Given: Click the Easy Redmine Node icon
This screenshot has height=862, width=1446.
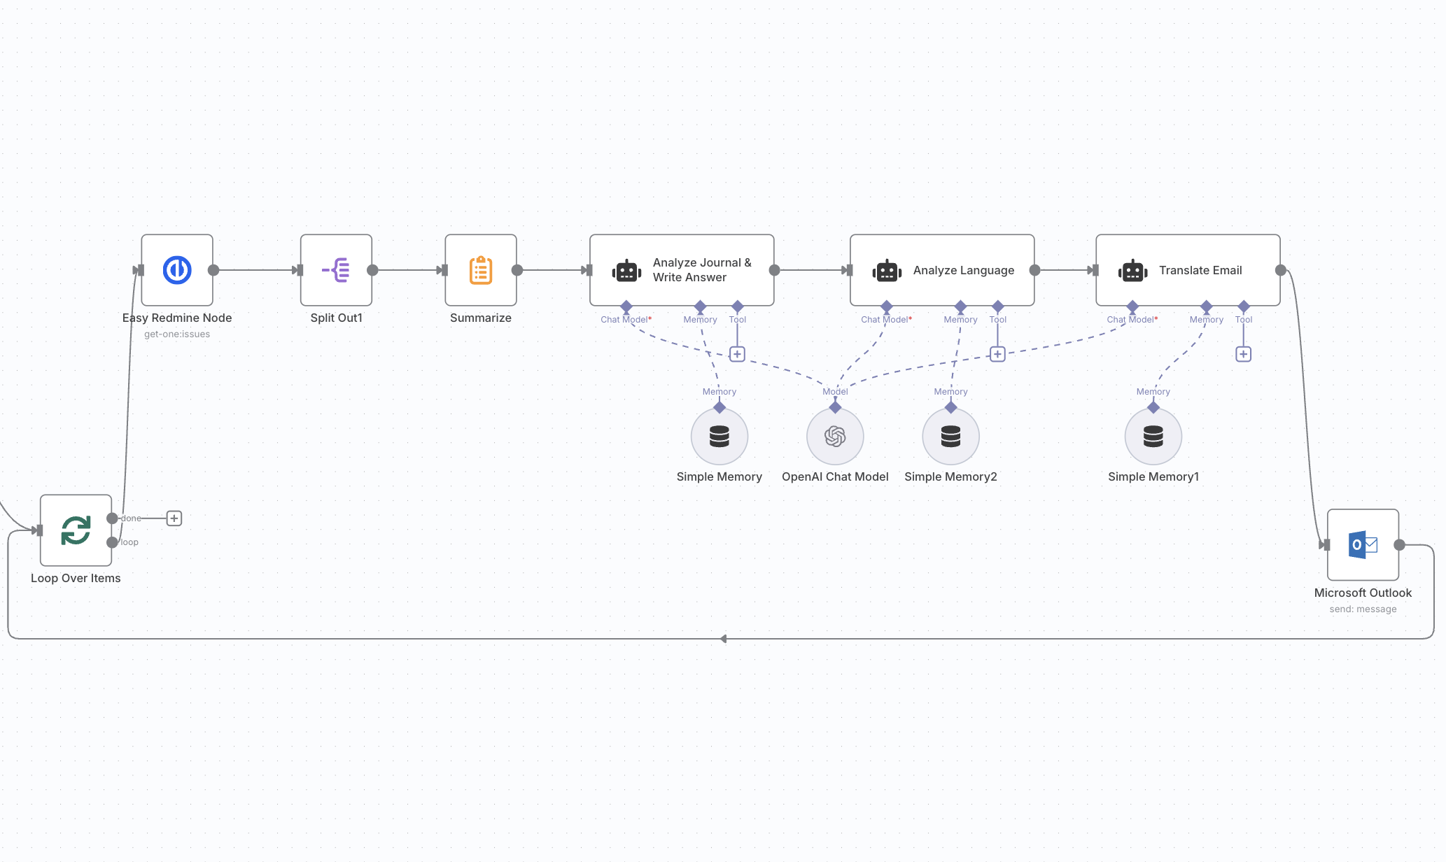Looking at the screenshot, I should (x=177, y=270).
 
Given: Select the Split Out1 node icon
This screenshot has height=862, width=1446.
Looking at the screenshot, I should (x=336, y=270).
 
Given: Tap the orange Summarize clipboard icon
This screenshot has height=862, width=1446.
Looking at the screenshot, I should (x=481, y=270).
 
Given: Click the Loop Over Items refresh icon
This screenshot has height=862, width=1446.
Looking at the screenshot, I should (x=76, y=530).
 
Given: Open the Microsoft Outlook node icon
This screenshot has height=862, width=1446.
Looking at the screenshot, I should (x=1363, y=544).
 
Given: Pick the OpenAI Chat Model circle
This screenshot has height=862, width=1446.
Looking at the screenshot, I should (x=835, y=437).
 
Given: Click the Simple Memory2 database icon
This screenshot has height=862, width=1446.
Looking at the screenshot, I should (x=950, y=437).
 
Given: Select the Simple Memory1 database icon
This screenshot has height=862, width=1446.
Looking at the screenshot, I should (x=1153, y=437).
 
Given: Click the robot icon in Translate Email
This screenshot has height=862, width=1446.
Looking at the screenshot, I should (x=1132, y=271).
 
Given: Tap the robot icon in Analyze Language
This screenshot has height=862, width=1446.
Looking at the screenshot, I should (x=887, y=271).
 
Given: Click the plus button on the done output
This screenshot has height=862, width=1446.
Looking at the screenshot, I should (x=174, y=518).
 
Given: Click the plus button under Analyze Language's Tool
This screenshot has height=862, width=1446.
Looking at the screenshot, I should (x=997, y=354).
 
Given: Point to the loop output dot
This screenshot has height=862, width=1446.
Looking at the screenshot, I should (x=112, y=542).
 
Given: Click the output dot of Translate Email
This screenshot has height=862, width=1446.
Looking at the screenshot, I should (x=1281, y=270).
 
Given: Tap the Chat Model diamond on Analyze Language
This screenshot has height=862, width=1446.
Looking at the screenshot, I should (x=887, y=306).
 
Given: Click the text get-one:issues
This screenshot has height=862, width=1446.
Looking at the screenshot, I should (x=177, y=334).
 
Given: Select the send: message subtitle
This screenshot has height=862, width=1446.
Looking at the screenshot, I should (x=1363, y=609).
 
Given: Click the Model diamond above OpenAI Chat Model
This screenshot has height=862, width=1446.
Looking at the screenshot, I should (x=835, y=407).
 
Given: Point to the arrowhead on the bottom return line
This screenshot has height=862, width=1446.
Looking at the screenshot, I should (x=724, y=639).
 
